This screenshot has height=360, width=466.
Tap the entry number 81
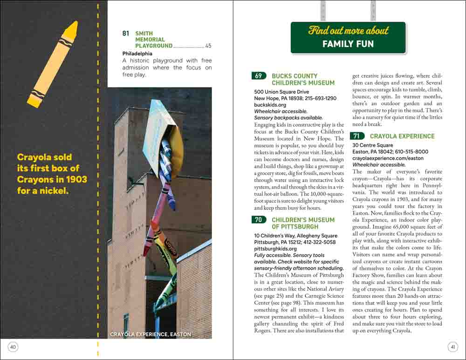pos(126,34)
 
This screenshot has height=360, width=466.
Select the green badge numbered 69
pos(259,76)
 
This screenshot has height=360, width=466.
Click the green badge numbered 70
pos(259,220)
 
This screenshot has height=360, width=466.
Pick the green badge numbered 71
pos(356,136)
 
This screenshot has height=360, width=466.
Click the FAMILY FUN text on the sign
pos(348,44)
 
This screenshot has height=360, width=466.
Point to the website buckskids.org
pos(270,105)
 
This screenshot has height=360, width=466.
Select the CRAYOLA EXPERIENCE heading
pos(402,136)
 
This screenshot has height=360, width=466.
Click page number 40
pos(13,346)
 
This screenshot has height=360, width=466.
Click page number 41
pos(452,346)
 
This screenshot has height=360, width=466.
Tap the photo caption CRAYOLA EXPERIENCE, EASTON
pos(151,334)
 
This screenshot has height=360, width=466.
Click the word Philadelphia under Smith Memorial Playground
pos(137,54)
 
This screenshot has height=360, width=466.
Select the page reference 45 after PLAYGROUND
pos(208,46)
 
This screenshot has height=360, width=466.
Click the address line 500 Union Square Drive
pos(281,92)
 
